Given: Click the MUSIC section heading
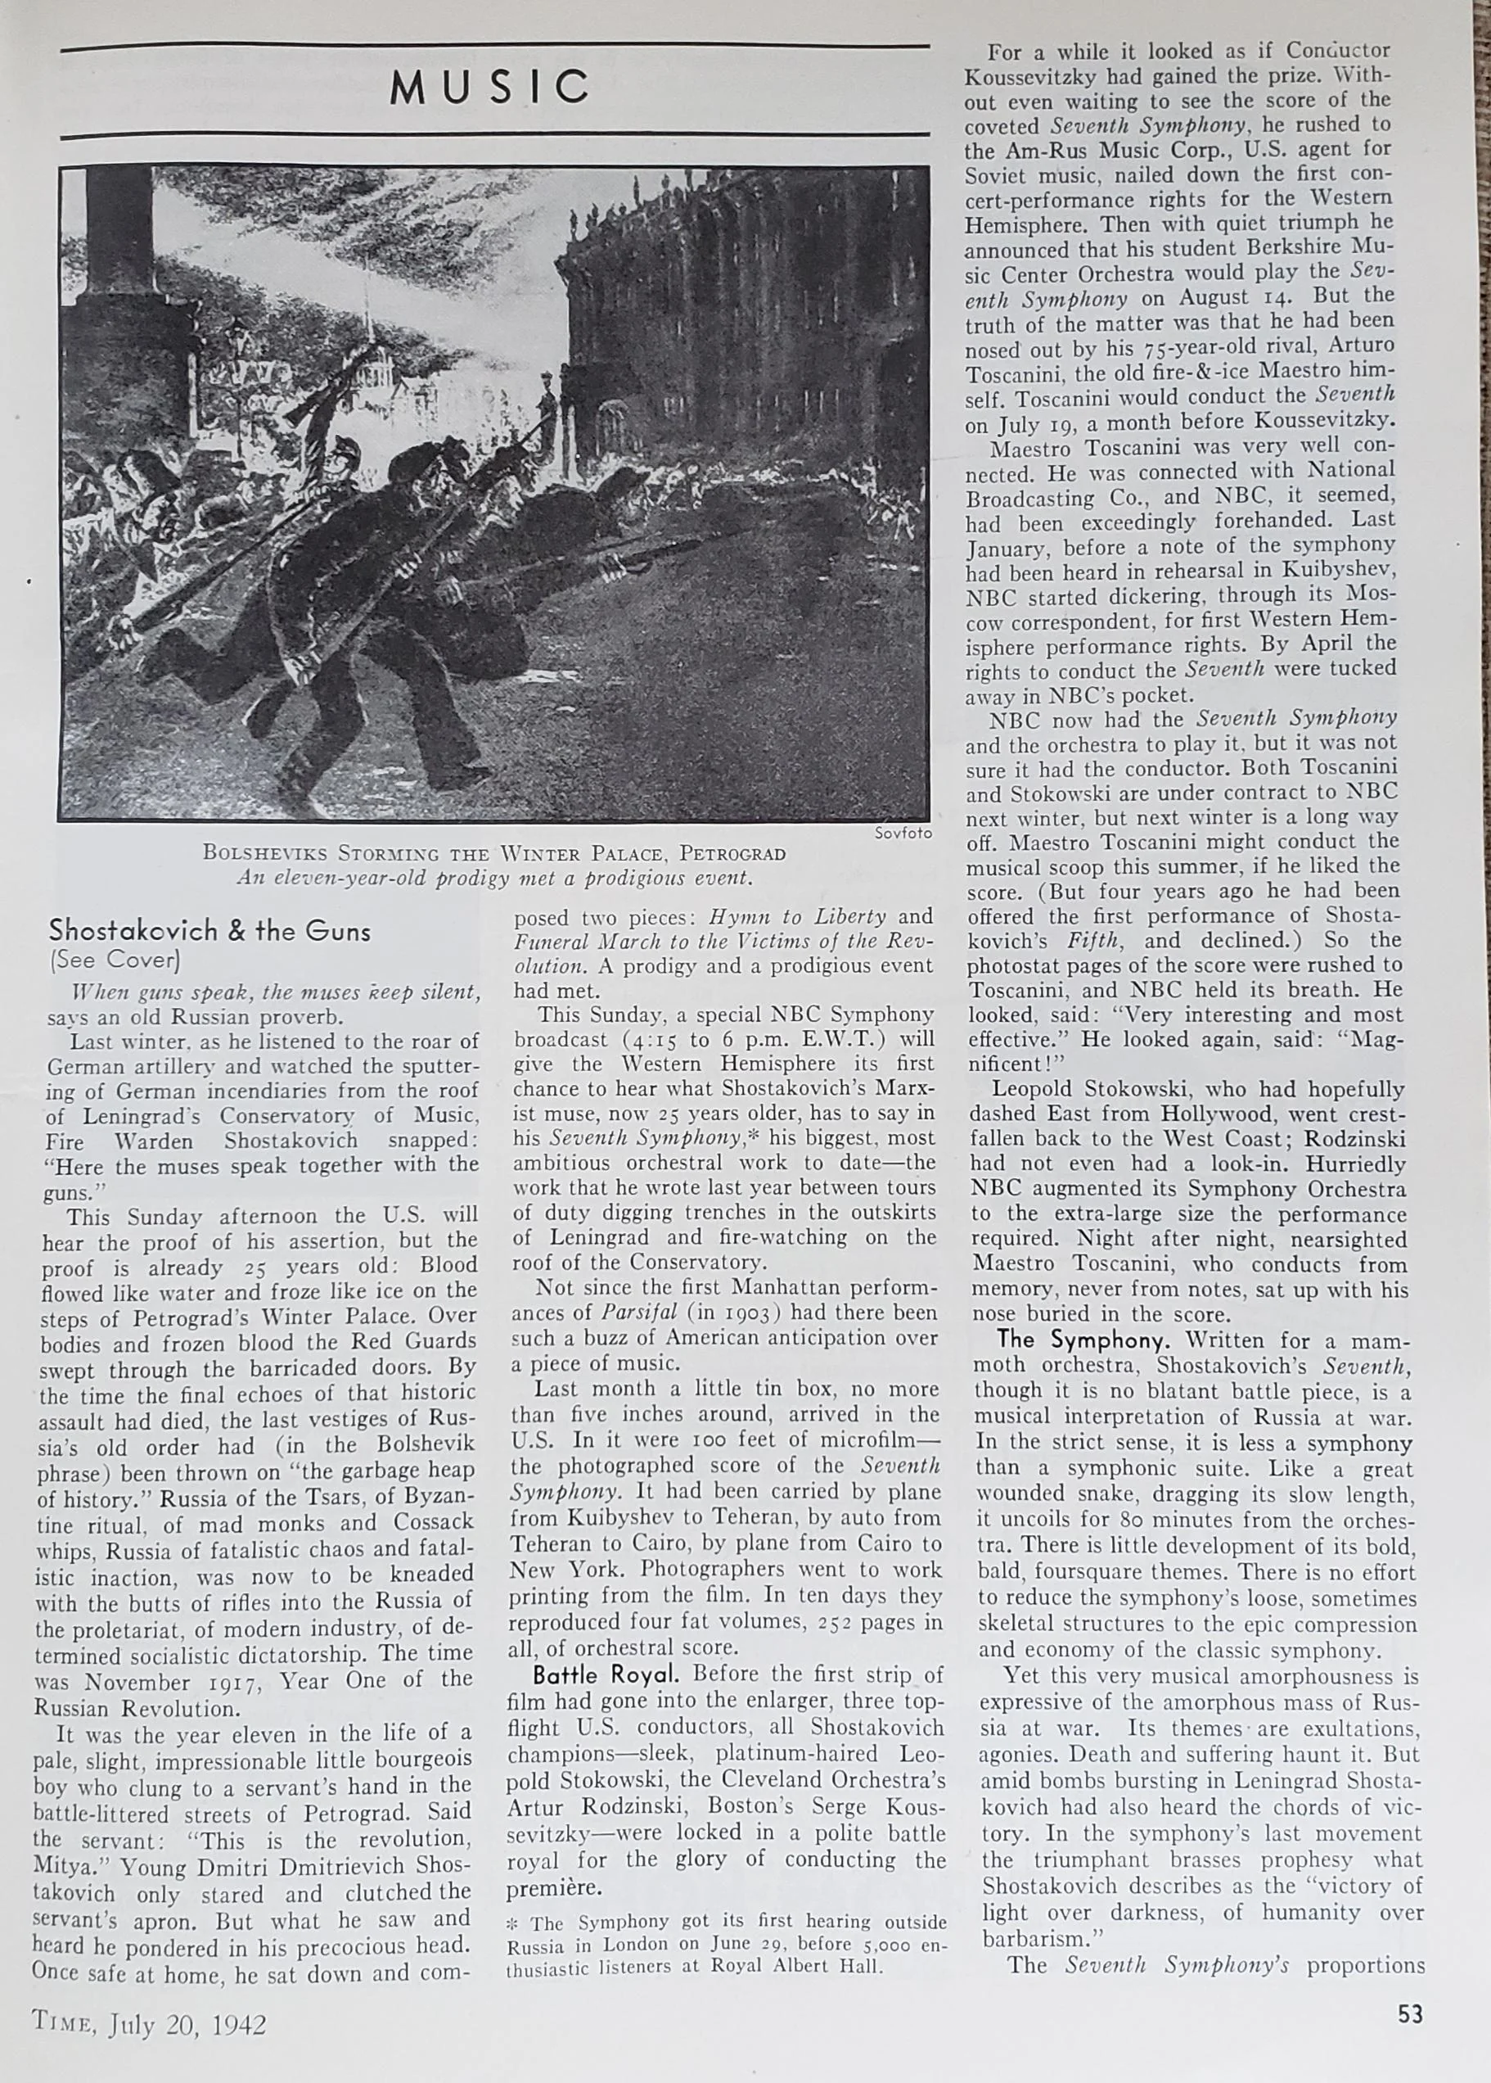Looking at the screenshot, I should [489, 88].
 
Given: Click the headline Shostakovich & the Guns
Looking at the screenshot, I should [210, 931].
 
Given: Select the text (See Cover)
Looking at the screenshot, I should [115, 960].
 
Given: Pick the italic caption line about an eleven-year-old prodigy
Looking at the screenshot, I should [494, 878].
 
